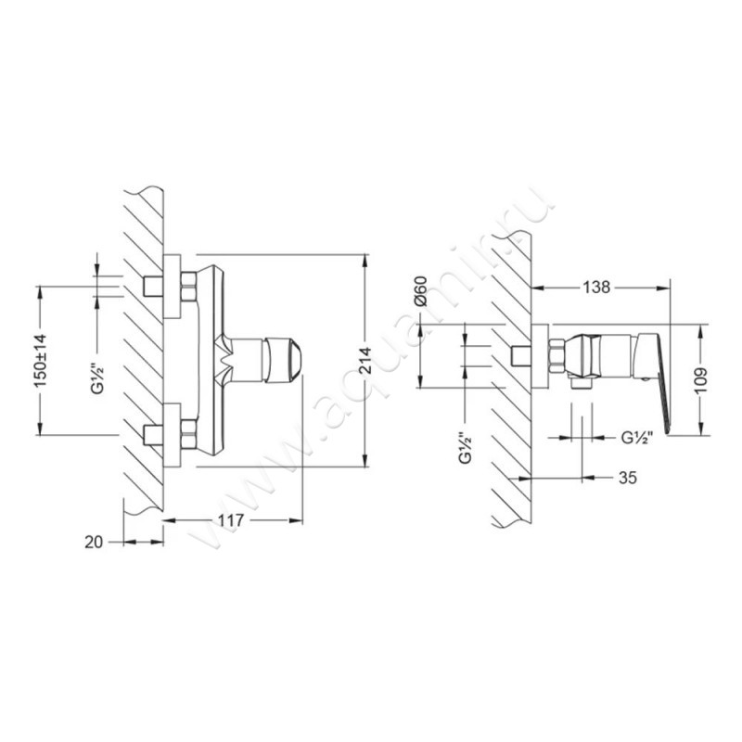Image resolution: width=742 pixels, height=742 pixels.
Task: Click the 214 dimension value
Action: pos(365,361)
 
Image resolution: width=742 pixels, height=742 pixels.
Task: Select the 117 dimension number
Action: pos(230,520)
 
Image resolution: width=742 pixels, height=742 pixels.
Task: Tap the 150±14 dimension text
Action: pos(40,360)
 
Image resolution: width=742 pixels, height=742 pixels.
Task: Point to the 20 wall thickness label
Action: pos(94,542)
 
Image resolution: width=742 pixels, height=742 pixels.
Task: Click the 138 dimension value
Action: pos(596,287)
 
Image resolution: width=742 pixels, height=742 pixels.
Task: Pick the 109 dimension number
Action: pos(701,379)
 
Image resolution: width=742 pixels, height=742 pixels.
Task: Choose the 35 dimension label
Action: pos(628,478)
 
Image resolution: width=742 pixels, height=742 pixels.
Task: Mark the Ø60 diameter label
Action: pos(420,291)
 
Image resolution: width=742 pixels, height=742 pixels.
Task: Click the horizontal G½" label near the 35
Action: pos(637,438)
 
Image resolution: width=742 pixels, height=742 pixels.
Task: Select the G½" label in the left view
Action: pos(97,378)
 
